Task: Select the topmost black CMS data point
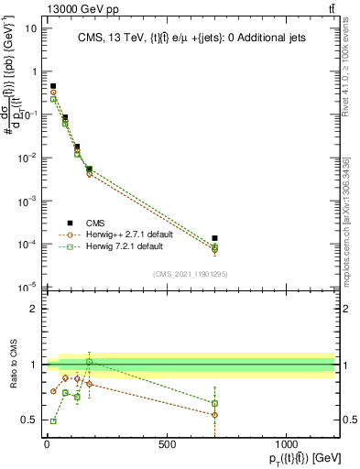coord(53,86)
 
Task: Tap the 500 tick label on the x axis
coord(167,444)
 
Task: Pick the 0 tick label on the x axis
coord(47,444)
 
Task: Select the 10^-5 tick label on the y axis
coord(28,288)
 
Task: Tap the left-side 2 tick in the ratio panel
coord(34,309)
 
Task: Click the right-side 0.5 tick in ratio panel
coord(347,420)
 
